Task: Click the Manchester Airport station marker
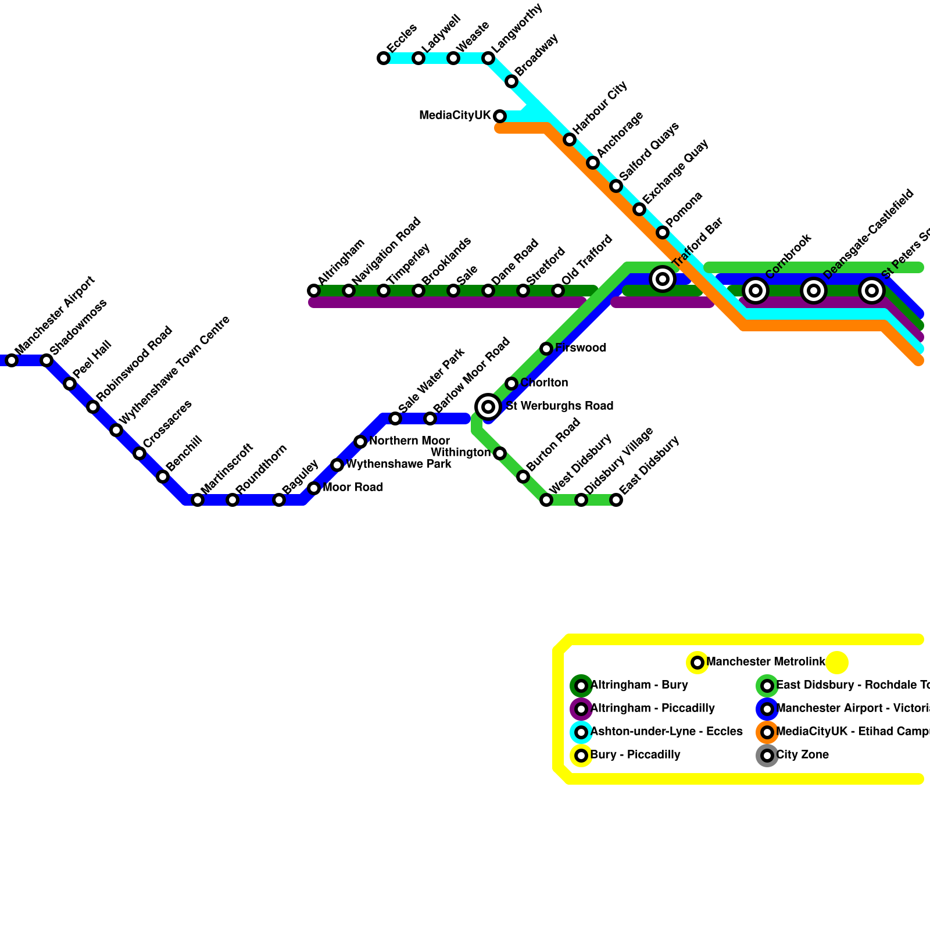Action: coord(12,360)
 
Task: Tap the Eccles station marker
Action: coord(384,58)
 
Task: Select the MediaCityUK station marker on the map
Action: coord(500,116)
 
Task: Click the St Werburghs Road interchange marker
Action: coord(488,406)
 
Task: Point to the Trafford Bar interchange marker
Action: coord(663,279)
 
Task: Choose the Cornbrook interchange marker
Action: coord(756,290)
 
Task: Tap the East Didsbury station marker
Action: coord(616,500)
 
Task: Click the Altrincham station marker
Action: coord(314,291)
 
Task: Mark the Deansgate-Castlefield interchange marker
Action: coord(814,290)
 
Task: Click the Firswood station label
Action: coord(581,348)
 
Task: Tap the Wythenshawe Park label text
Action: coord(399,464)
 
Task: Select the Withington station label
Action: coord(461,452)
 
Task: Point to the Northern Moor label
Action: coord(409,441)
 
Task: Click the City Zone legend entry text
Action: coord(802,755)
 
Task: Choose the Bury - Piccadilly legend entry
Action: coord(635,755)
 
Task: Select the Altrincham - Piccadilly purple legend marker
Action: coord(581,709)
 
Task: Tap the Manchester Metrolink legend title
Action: coord(766,662)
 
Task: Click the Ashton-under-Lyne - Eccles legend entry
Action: coord(666,732)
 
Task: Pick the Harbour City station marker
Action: coord(570,139)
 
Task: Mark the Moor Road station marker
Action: coord(314,488)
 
